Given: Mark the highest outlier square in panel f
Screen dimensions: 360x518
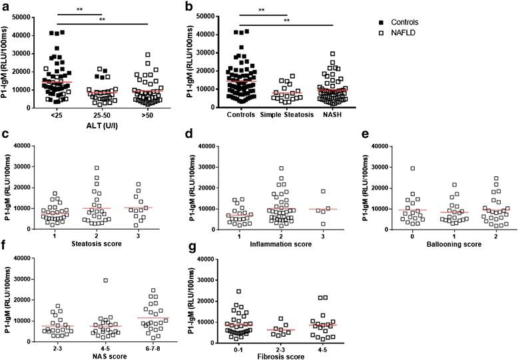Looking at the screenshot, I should coord(105,280).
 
